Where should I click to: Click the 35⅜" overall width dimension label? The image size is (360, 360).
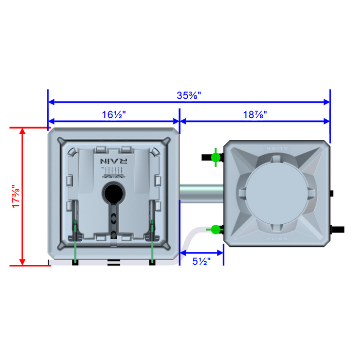coord(189,95)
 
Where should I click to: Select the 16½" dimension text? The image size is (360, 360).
coord(114,115)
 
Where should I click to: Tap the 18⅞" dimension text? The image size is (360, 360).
coord(255,115)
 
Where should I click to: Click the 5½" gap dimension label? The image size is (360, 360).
coord(202,261)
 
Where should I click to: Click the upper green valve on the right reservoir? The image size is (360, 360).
coord(215,156)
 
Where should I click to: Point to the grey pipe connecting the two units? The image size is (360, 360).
coord(201,191)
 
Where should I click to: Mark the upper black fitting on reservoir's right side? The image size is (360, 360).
coord(332,194)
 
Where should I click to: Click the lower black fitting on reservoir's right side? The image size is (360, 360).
coord(337,228)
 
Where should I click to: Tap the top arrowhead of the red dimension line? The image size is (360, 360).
coord(23,131)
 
